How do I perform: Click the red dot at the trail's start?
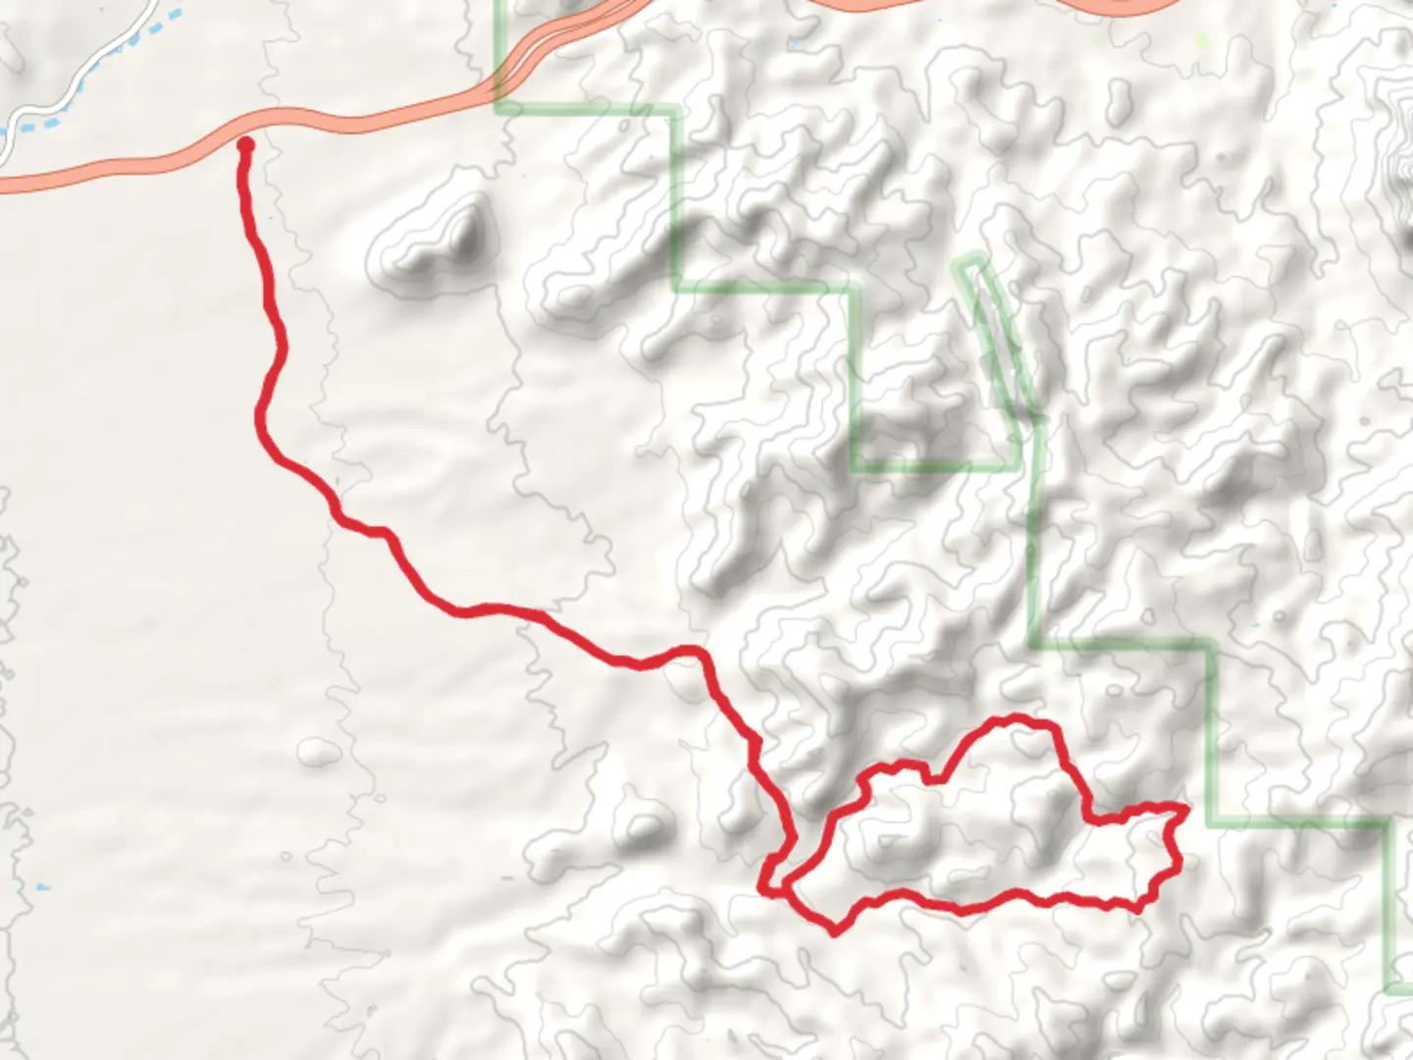point(245,145)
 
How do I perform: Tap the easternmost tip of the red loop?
point(1187,808)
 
